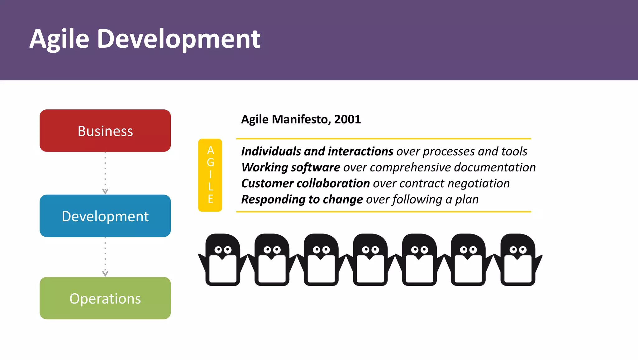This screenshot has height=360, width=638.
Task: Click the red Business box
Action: pyautogui.click(x=105, y=131)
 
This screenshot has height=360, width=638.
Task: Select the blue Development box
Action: pyautogui.click(x=105, y=216)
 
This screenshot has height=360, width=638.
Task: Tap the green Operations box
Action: pyautogui.click(x=105, y=298)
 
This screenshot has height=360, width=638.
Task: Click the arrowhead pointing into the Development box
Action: pyautogui.click(x=105, y=191)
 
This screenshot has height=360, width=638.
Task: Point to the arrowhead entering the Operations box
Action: pyautogui.click(x=105, y=273)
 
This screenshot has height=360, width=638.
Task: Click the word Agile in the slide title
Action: pyautogui.click(x=60, y=39)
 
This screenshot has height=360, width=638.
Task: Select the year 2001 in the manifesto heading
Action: pyautogui.click(x=347, y=119)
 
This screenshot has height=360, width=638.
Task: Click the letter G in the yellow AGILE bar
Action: pyautogui.click(x=210, y=162)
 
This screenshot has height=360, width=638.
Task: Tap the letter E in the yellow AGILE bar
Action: pyautogui.click(x=210, y=199)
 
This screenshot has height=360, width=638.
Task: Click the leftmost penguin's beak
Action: pyautogui.click(x=223, y=257)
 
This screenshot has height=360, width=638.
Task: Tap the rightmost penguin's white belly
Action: pyautogui.click(x=518, y=270)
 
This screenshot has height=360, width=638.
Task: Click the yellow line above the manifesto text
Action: pyautogui.click(x=383, y=138)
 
